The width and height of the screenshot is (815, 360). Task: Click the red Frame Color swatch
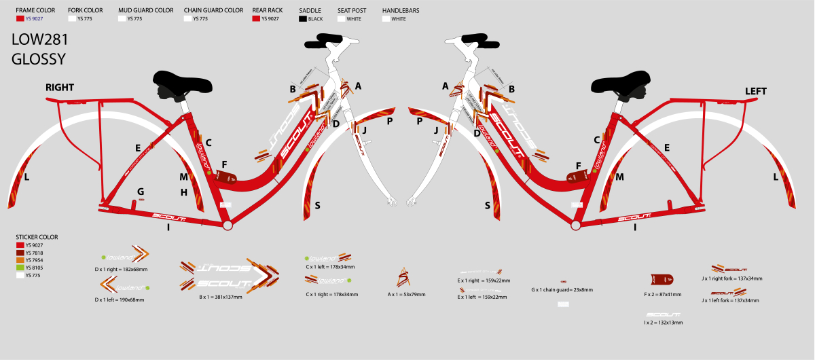point(20,19)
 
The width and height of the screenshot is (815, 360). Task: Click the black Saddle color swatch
point(303,19)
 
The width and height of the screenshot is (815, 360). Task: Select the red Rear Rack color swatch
point(256,19)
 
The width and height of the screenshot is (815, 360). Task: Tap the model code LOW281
point(40,40)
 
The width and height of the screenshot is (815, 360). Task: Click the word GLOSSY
point(39,59)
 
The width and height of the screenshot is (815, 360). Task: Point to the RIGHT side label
point(60,88)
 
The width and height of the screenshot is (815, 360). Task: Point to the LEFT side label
point(756,91)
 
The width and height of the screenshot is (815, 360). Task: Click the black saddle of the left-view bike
point(624,84)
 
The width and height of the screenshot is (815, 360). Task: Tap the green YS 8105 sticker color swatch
point(19,268)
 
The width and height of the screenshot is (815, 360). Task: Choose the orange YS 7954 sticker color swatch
point(19,260)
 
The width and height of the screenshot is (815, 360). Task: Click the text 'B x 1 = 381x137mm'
point(220,298)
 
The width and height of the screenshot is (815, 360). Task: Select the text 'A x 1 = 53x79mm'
point(407,295)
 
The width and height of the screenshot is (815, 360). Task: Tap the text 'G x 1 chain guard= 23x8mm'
point(562,289)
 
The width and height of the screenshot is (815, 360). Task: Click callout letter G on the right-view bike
point(141,192)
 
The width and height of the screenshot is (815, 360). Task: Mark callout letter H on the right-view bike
point(184,192)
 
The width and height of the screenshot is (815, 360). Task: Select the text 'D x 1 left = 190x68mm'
point(122,300)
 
